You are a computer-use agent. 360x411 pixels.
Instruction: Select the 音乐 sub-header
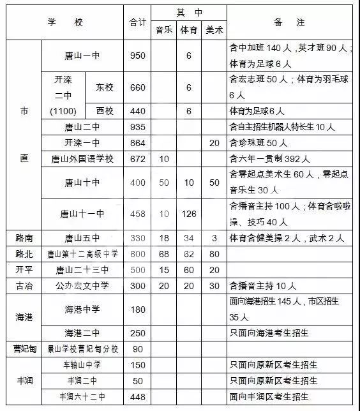(164, 30)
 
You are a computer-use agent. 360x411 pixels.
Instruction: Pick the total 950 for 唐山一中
(137, 56)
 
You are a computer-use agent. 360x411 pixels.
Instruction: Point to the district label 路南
(24, 238)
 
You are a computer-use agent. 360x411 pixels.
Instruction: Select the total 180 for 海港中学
(137, 309)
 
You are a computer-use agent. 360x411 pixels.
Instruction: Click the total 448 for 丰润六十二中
(137, 396)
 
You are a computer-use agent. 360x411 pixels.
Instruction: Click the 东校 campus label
(105, 87)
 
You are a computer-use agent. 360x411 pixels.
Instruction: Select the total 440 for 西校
(137, 111)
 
